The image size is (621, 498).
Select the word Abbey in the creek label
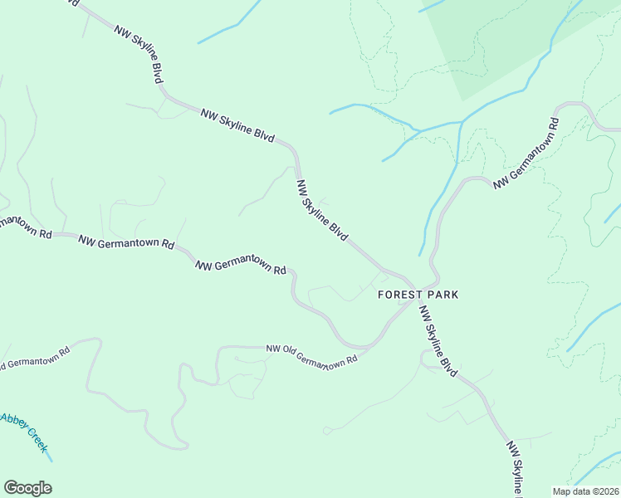tap(15, 421)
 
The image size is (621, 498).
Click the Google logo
tap(27, 488)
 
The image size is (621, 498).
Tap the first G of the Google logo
tap(11, 488)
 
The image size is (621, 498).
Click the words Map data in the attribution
tap(571, 491)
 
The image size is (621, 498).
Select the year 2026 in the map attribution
tap(608, 491)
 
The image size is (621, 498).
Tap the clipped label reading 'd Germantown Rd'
tap(35, 358)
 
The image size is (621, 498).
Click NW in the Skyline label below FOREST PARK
tap(424, 313)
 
